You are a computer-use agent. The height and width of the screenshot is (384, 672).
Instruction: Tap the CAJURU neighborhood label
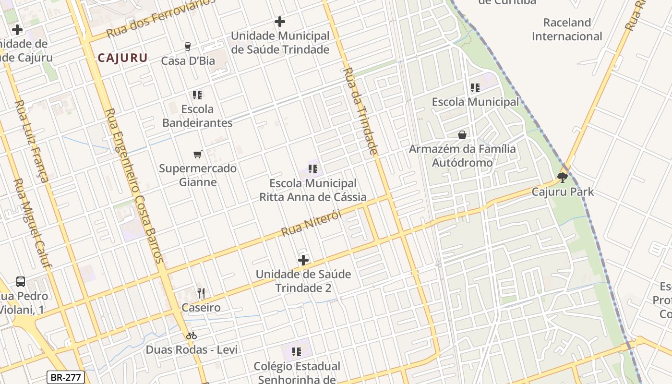tap(122, 58)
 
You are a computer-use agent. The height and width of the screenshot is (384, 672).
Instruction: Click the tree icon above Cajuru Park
tap(562, 178)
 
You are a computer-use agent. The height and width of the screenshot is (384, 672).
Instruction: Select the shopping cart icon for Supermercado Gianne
tap(197, 154)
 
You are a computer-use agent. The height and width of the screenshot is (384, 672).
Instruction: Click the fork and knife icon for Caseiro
tap(201, 293)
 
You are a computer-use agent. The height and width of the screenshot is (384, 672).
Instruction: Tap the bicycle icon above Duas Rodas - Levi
tap(192, 336)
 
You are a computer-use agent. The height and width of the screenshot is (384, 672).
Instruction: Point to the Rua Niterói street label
tap(312, 223)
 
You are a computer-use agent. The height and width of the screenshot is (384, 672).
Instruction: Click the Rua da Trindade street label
tap(360, 111)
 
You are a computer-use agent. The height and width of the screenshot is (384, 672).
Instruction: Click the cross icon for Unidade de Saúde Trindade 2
tap(303, 260)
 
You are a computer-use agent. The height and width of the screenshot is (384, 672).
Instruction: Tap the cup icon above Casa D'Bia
tap(188, 46)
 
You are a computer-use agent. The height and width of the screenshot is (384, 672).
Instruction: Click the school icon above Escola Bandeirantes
tap(197, 95)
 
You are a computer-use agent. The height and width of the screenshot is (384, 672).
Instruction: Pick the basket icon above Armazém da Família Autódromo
tap(462, 135)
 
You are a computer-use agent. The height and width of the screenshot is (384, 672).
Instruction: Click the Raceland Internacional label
tap(567, 29)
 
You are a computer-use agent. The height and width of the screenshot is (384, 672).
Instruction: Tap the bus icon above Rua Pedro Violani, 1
tap(21, 282)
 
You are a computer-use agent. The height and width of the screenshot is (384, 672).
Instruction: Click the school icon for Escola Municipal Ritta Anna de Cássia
tap(313, 169)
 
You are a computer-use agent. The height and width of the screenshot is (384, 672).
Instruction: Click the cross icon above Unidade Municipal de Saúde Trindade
tap(280, 22)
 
